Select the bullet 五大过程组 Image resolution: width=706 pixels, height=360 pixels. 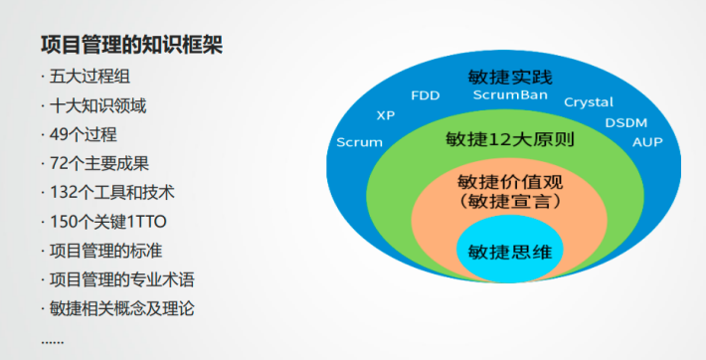91,78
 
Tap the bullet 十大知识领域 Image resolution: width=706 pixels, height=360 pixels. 97,106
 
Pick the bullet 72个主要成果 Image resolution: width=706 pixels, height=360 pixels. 98,164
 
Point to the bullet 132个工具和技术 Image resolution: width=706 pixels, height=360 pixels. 110,193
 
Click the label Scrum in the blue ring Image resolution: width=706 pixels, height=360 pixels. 359,142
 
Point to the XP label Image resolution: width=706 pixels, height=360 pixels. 386,115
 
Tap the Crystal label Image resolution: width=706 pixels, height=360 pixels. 588,102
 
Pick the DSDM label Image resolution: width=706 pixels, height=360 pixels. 625,122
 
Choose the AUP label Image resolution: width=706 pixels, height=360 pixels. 646,142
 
